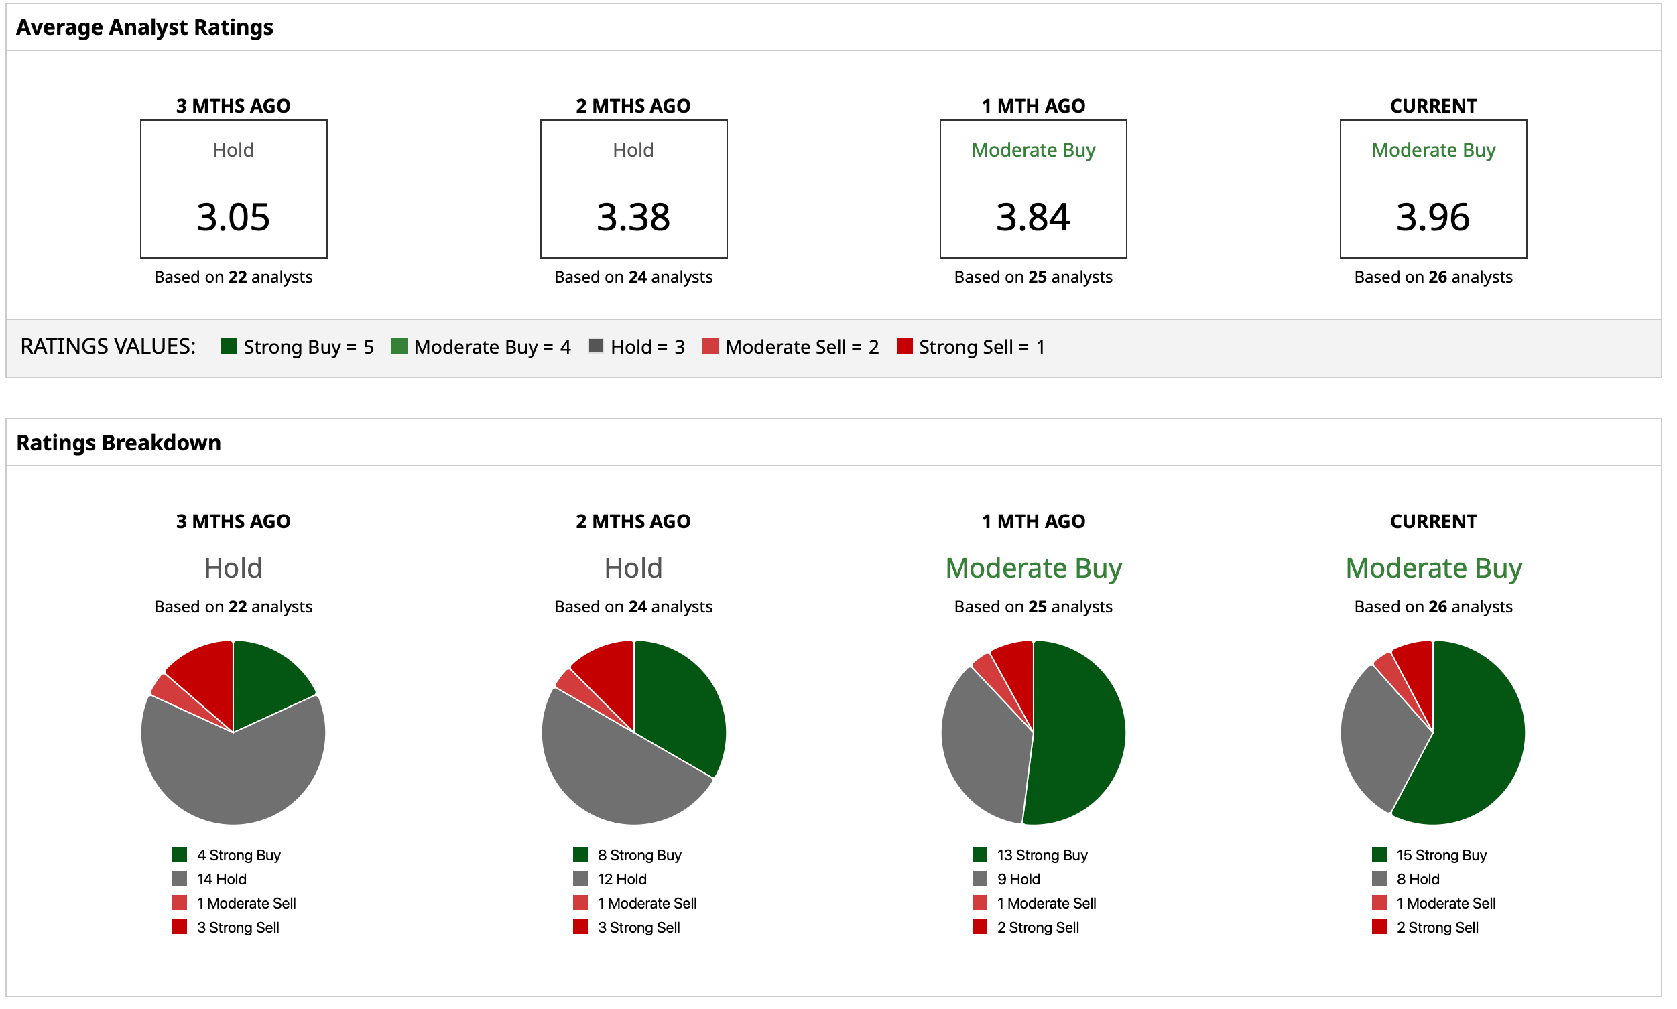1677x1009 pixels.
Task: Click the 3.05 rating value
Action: point(233,217)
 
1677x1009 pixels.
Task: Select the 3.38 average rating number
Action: point(633,217)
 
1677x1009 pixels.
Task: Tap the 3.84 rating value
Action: point(1032,217)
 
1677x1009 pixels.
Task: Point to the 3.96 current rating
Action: point(1432,217)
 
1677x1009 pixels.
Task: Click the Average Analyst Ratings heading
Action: point(144,27)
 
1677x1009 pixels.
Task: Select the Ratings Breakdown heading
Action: point(119,443)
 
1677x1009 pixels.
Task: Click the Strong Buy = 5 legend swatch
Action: point(229,346)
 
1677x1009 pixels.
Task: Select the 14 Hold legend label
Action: point(221,878)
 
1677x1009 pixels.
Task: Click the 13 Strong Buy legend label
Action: point(1041,855)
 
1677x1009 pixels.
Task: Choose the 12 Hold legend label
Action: point(621,878)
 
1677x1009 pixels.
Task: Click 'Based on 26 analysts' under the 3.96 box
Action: point(1432,277)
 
